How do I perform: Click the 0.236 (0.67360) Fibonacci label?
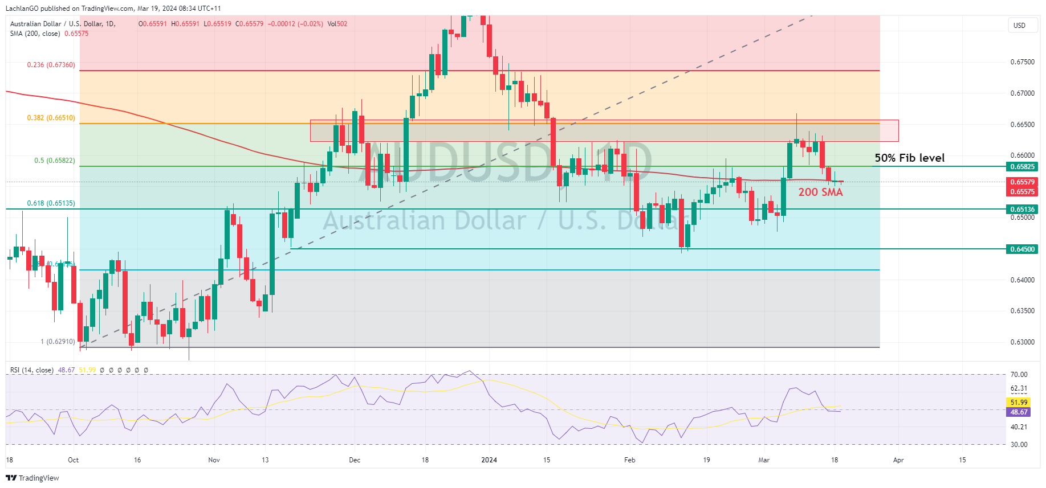point(51,65)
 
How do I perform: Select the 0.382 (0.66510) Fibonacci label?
point(51,118)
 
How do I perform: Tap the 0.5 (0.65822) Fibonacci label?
point(54,161)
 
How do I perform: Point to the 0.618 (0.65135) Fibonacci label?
point(51,203)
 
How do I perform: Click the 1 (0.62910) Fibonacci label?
point(58,342)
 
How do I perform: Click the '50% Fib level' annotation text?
point(909,158)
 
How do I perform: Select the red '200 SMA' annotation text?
point(820,192)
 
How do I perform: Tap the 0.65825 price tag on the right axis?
point(1022,167)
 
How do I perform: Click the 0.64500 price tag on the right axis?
point(1022,249)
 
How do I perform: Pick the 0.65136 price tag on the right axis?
point(1022,209)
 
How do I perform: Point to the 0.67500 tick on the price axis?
point(1022,62)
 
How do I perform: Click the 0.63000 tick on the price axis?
point(1022,342)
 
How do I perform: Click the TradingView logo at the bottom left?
point(32,478)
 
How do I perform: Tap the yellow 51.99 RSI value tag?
point(1019,403)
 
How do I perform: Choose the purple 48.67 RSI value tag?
point(1019,412)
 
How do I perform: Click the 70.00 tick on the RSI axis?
point(1019,375)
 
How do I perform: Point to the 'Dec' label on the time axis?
point(355,460)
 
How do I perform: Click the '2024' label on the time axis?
point(489,460)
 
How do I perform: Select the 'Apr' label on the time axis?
point(898,460)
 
